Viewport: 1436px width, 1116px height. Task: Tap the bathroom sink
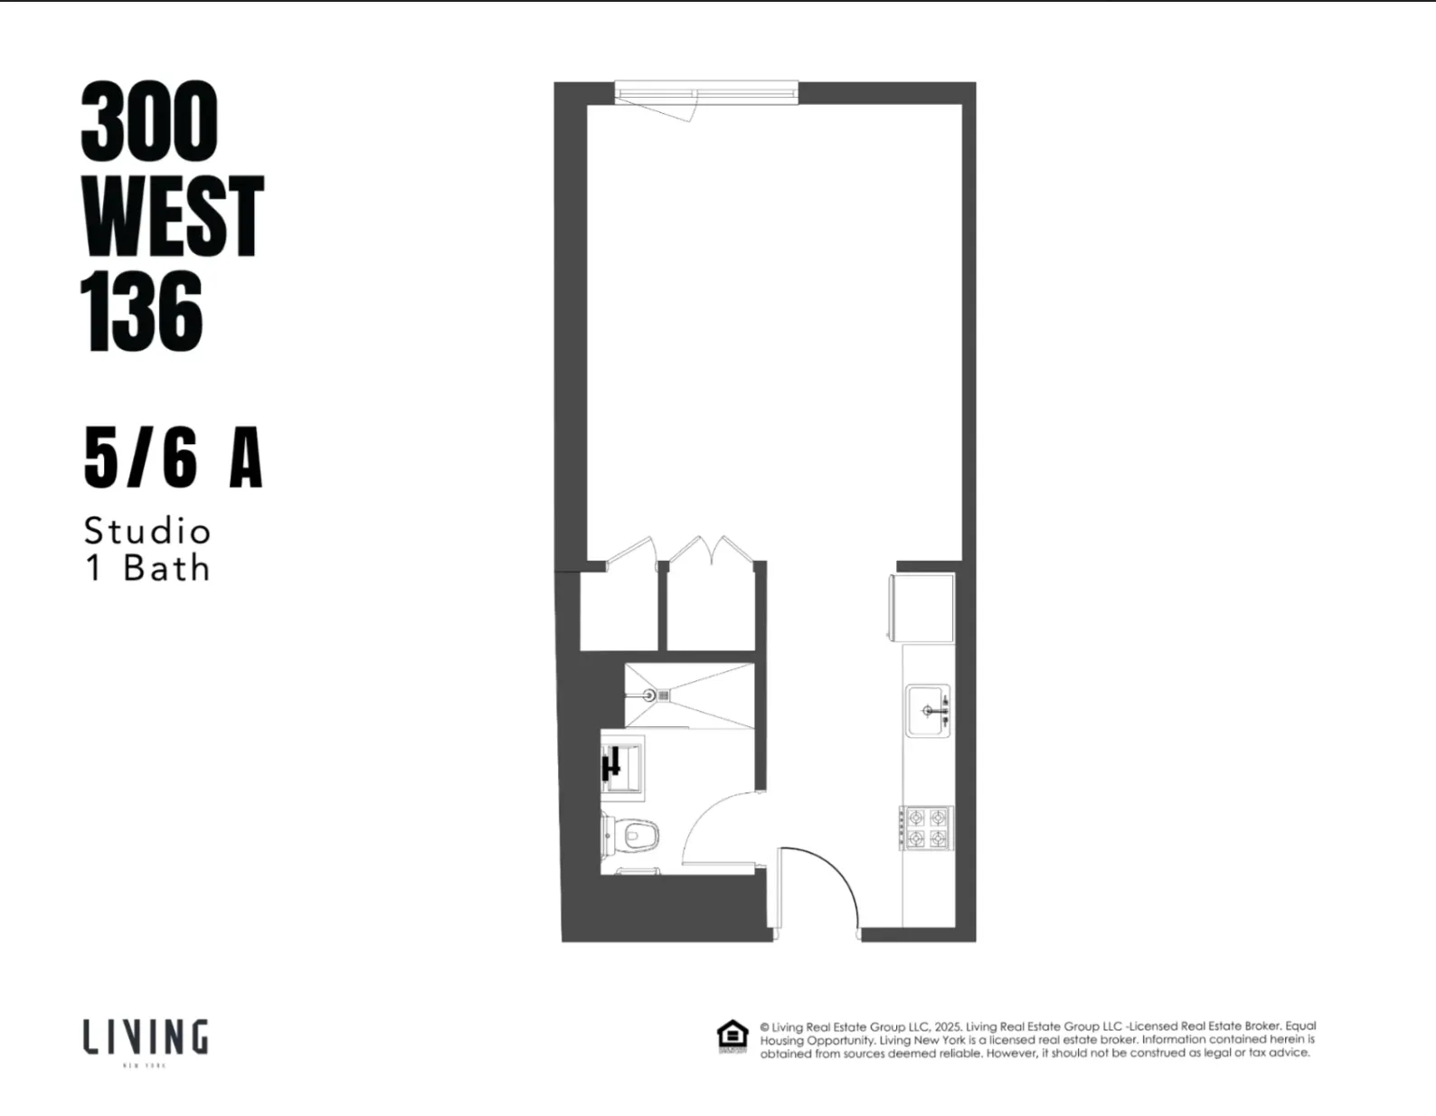point(621,767)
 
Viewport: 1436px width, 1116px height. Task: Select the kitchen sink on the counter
point(928,711)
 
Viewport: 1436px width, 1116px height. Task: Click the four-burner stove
point(927,828)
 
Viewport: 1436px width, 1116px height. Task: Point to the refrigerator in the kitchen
point(922,608)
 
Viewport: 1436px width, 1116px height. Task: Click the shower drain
point(649,695)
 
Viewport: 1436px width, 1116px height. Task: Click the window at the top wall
point(705,92)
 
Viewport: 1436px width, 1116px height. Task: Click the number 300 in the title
point(149,121)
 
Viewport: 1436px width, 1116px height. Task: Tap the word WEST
point(172,217)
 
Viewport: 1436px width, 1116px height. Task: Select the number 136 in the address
point(142,312)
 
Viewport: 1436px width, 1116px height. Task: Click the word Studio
point(147,531)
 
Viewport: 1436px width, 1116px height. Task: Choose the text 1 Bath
point(147,569)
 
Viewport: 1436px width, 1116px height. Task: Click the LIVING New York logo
point(146,1039)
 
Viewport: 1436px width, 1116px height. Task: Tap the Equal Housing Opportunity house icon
point(732,1037)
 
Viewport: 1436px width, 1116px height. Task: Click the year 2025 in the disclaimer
point(948,1026)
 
